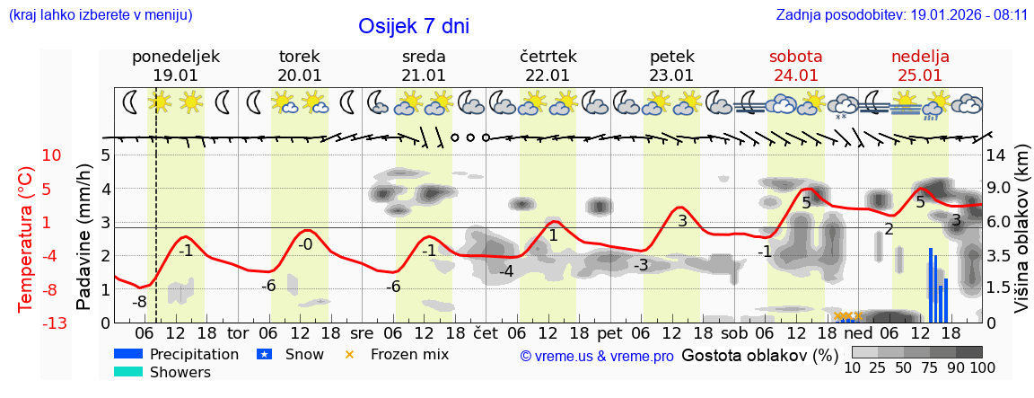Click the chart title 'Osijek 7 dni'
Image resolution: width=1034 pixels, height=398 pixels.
click(x=413, y=26)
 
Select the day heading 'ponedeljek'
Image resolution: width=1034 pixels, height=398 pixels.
click(x=176, y=57)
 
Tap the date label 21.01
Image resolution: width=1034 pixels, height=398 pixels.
click(x=424, y=75)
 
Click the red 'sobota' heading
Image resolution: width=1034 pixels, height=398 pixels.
click(x=796, y=57)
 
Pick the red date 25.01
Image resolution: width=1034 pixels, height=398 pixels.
click(x=920, y=75)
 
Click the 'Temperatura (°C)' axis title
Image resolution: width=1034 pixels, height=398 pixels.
click(x=26, y=239)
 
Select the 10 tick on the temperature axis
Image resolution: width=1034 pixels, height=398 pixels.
click(x=52, y=155)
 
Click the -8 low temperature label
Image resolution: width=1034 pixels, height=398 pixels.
click(x=139, y=302)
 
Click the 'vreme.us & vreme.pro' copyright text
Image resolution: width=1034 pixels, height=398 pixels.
click(x=597, y=357)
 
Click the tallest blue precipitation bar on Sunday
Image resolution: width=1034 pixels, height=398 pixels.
click(x=931, y=285)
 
